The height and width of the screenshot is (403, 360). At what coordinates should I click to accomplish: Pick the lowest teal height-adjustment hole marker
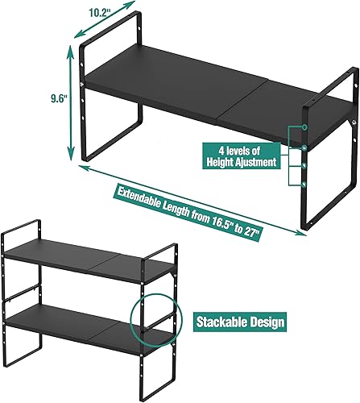[305, 181]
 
